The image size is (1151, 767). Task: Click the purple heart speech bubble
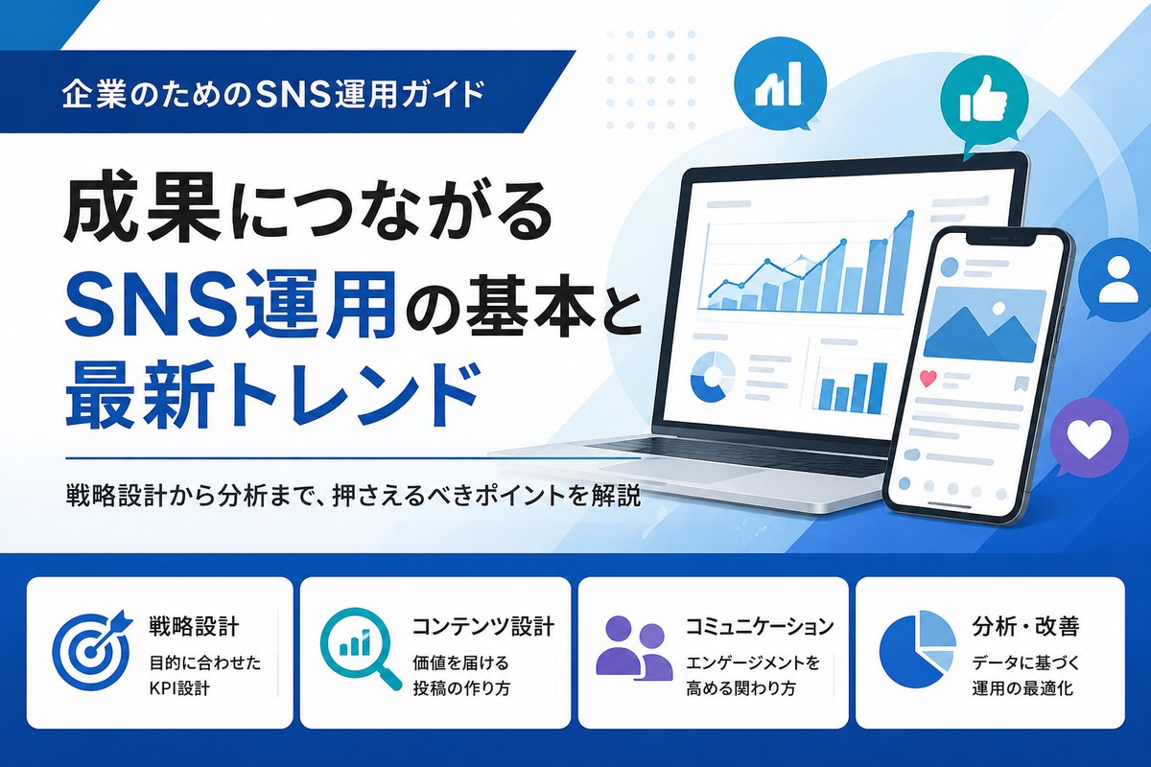(x=1089, y=439)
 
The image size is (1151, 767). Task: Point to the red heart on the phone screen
(x=928, y=379)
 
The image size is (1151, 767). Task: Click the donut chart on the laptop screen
(x=712, y=376)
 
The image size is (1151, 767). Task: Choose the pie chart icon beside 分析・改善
(x=917, y=649)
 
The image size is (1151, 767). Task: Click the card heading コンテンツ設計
(x=483, y=627)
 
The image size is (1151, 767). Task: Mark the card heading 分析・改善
(x=1025, y=626)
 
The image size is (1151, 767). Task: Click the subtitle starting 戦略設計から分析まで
(x=354, y=497)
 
